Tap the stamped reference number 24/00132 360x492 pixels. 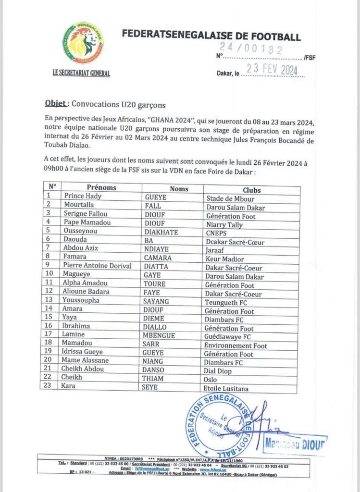(x=251, y=48)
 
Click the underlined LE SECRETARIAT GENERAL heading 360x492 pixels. (x=81, y=74)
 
